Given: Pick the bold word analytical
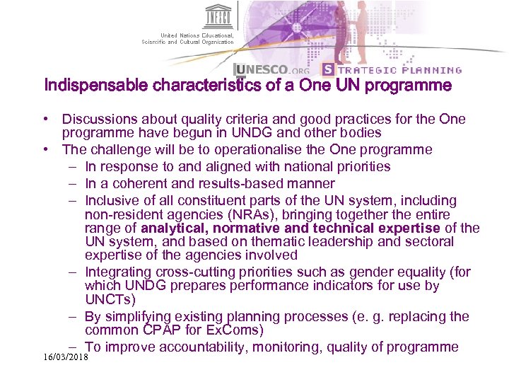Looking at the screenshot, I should [174, 228].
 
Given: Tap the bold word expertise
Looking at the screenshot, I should [409, 228].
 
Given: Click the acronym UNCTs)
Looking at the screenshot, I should [110, 300].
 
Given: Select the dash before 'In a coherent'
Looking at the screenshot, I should [74, 184].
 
